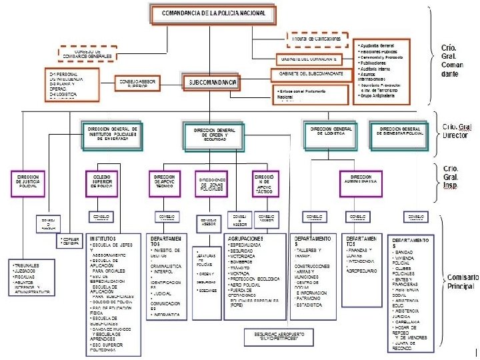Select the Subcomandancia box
[x=210, y=83]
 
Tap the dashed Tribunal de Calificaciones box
[x=317, y=39]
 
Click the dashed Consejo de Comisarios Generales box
[x=93, y=53]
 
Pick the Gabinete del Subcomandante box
[x=311, y=73]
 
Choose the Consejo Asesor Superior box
[x=138, y=83]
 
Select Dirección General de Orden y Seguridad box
[x=214, y=134]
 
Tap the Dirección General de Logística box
[x=331, y=131]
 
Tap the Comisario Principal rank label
[x=460, y=281]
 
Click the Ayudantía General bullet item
[x=381, y=44]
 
